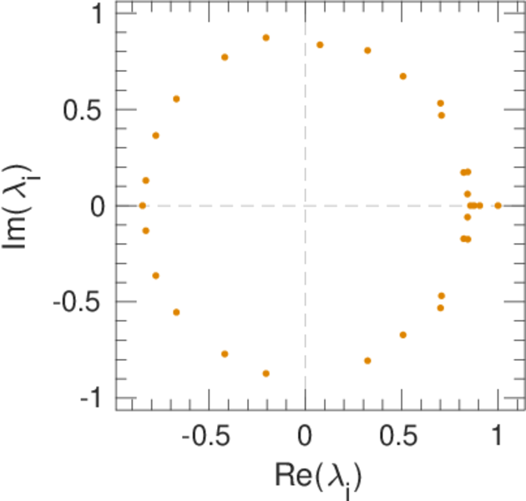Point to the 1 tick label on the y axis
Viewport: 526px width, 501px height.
(97, 14)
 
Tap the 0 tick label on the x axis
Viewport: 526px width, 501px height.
(305, 438)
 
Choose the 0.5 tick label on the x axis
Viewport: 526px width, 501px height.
(402, 438)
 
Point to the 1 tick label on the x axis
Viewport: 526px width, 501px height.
(498, 438)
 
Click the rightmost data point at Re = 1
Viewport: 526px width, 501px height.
(498, 205)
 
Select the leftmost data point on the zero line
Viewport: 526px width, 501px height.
(142, 205)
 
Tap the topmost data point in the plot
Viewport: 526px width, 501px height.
(266, 38)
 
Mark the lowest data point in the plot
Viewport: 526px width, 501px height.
(266, 373)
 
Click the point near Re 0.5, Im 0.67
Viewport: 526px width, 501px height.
(402, 76)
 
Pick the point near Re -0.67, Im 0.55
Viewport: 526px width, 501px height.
(176, 99)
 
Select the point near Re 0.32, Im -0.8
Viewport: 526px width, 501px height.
(367, 361)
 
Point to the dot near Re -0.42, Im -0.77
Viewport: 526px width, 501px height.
(225, 354)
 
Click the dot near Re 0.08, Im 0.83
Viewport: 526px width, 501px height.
(320, 45)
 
